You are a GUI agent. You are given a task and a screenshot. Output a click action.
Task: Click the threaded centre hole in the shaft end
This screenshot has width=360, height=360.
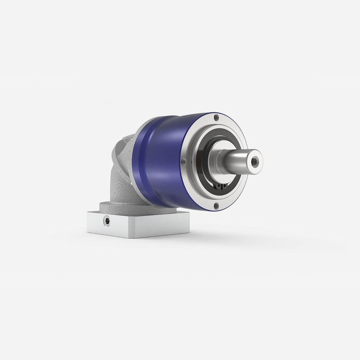(254, 161)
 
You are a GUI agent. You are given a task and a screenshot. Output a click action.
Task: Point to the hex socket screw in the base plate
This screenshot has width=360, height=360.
(108, 222)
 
